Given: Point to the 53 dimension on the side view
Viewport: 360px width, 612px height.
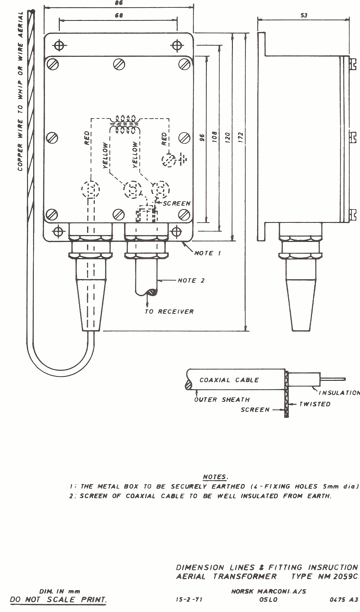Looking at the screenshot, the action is pos(304,15).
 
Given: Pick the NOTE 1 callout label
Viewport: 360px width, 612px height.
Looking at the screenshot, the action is pos(208,253).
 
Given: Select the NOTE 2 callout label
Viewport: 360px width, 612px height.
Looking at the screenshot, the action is pos(191,281).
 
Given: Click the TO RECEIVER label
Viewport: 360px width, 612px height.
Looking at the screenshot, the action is pos(169,312).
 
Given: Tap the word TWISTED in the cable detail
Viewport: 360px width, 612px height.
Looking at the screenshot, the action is pos(315,404).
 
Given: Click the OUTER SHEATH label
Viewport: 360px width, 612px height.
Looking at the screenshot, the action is pos(222,399).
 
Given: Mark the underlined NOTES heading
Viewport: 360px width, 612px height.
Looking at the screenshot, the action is pos(215,477).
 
